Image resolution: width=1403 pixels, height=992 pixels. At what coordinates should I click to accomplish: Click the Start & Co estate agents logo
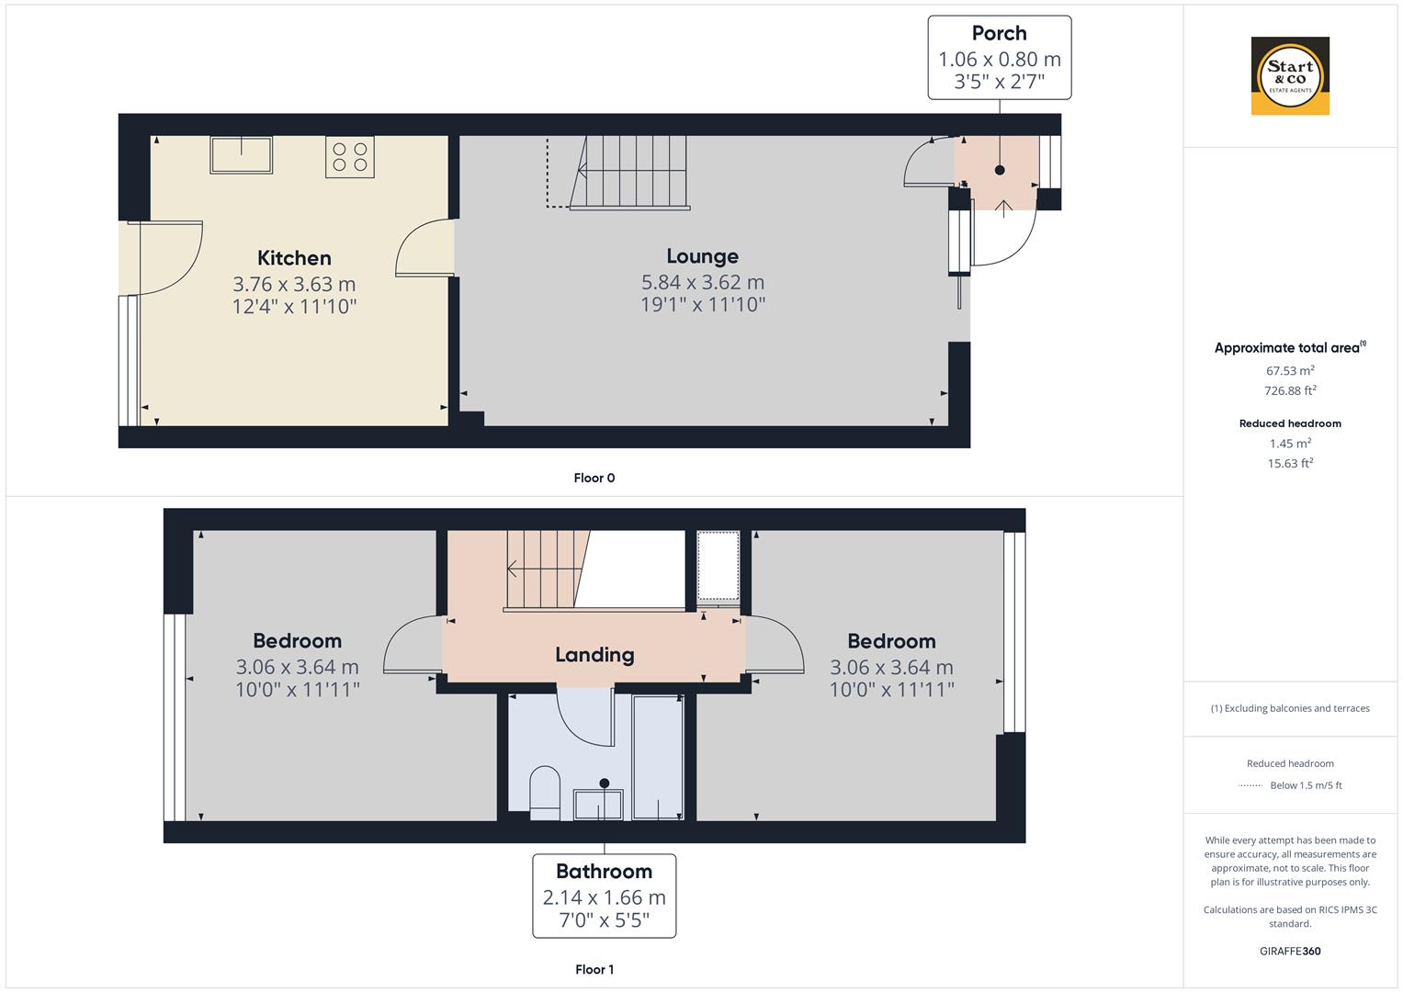1290,75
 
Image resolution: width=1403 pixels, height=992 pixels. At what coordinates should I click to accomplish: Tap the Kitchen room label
294,258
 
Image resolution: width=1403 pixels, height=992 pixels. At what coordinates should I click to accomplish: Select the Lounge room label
702,256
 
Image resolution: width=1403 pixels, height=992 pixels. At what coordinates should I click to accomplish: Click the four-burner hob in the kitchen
349,157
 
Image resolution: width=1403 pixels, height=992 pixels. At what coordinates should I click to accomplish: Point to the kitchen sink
241,154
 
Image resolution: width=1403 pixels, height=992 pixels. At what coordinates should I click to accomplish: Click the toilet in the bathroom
545,793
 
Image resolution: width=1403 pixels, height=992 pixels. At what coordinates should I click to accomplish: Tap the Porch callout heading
999,32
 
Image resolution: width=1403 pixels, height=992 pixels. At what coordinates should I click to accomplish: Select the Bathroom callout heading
604,871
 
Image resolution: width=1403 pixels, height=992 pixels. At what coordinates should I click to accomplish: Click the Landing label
594,655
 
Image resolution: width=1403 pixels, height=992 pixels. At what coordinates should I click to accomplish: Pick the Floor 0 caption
594,478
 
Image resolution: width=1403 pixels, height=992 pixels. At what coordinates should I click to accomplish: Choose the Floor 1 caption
594,969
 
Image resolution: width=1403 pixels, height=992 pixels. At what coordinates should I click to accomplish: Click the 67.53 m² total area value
1290,371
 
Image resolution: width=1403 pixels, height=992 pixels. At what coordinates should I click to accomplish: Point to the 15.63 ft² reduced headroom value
1290,464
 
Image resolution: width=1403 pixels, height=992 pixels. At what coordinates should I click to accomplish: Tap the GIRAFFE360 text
1290,952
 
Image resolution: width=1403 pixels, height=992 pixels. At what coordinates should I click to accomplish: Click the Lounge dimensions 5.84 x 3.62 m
702,283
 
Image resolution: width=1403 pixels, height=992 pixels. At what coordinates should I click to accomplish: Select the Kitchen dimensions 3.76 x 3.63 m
294,285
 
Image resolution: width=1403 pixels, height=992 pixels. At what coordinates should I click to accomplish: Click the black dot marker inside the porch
999,170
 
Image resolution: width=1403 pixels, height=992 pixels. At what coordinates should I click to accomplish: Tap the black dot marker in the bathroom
604,783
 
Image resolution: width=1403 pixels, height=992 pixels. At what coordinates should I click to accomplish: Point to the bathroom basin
598,805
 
